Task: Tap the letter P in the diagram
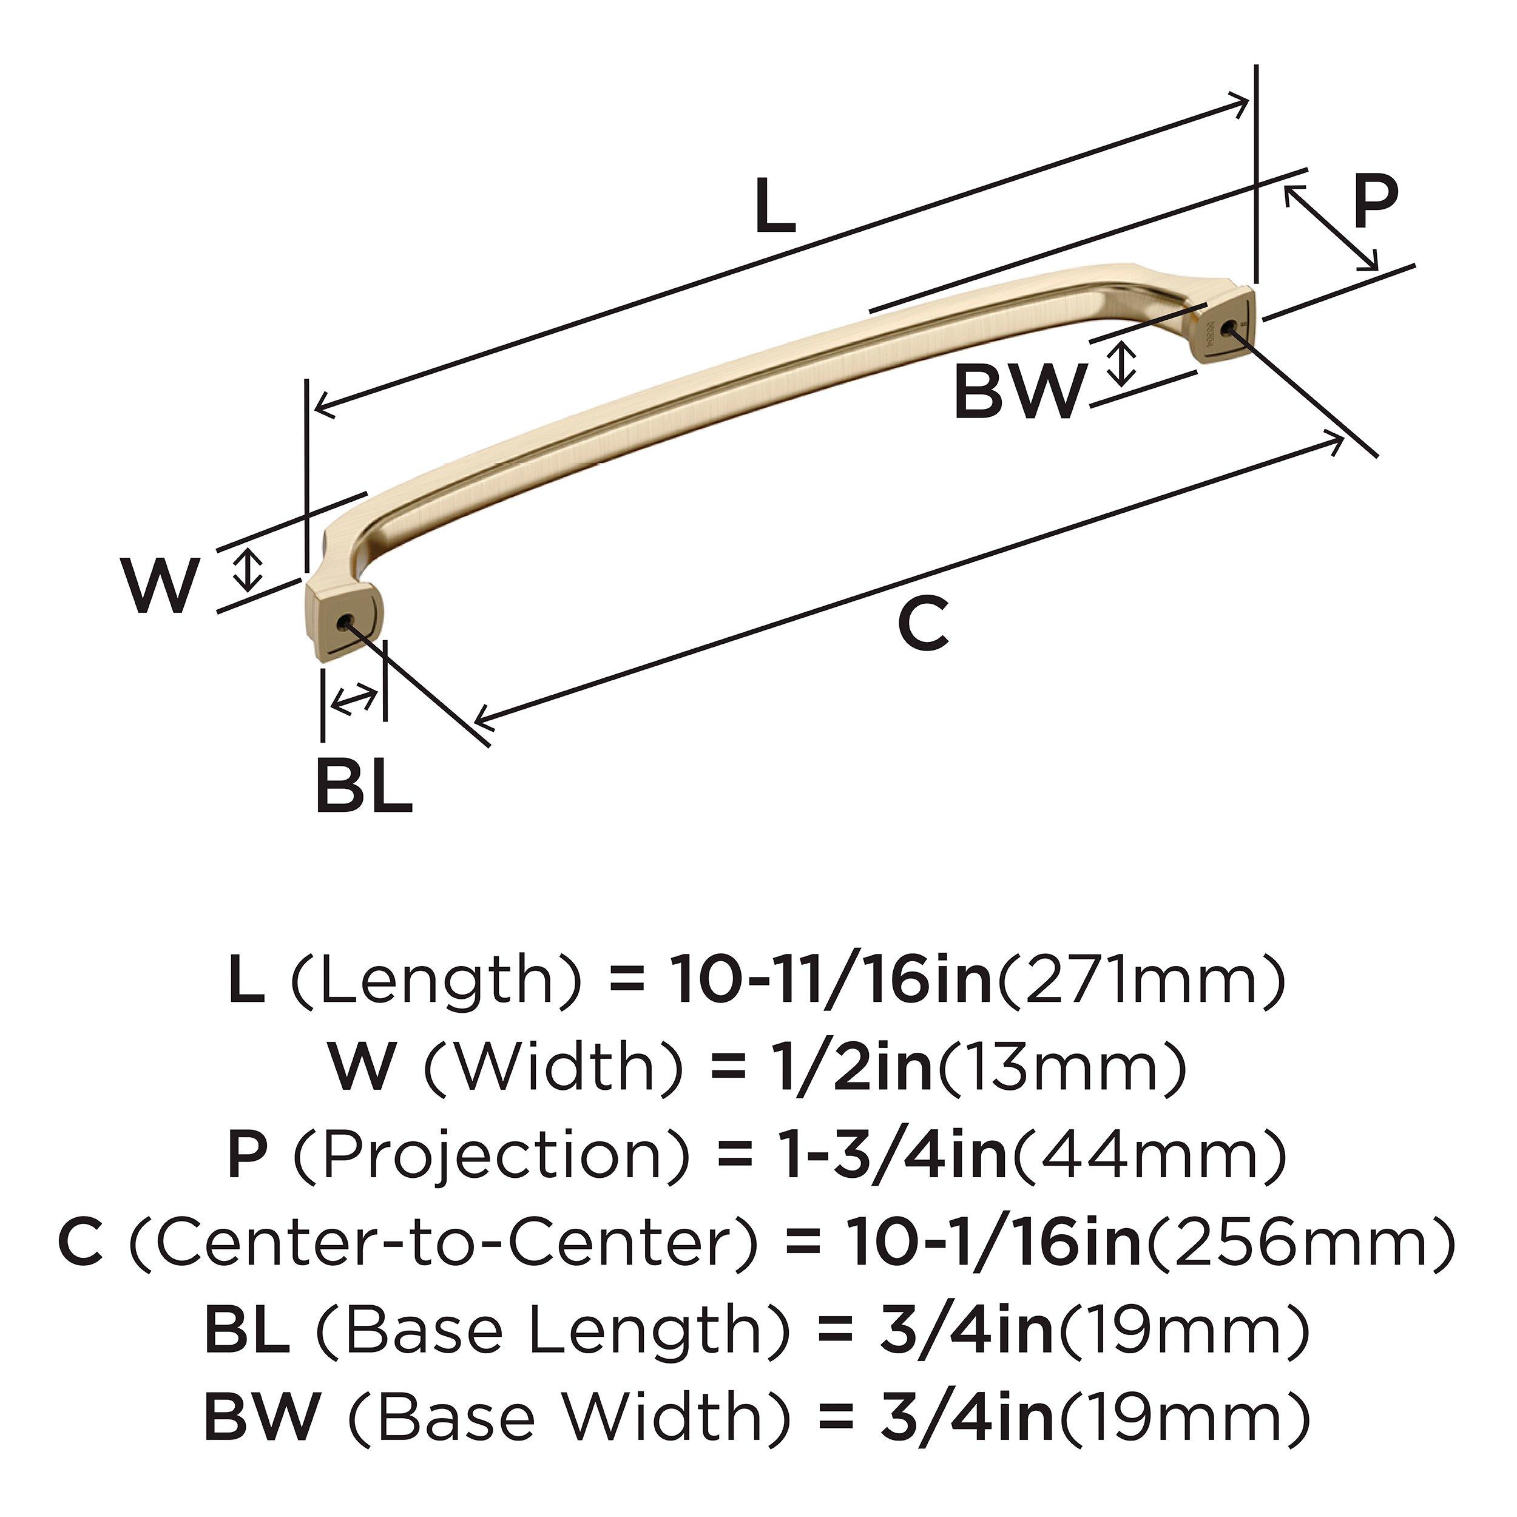(x=1376, y=201)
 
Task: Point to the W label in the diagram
(x=160, y=585)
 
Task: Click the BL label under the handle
(x=363, y=785)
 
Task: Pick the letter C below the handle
(x=924, y=623)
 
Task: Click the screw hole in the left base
(x=343, y=623)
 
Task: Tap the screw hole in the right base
(x=1228, y=325)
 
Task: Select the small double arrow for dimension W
(x=249, y=569)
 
